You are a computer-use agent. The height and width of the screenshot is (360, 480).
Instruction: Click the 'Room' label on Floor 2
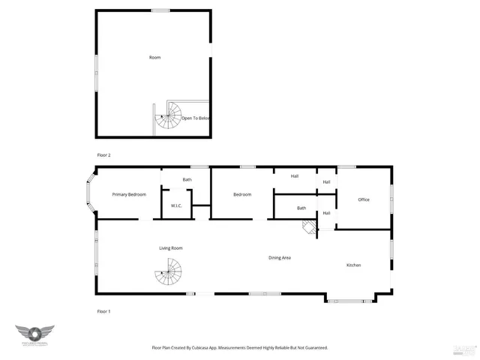(x=154, y=58)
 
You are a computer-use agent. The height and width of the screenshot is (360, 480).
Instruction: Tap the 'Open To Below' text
(x=196, y=118)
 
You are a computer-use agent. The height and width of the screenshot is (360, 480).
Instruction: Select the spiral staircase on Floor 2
(x=169, y=115)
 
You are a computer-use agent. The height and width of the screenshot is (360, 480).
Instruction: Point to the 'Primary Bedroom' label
(x=129, y=195)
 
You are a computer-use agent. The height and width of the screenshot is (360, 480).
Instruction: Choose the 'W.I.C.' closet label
(x=177, y=205)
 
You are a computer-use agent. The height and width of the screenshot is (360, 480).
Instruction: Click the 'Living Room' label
(x=170, y=248)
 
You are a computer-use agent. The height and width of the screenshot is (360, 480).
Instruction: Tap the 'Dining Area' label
(x=280, y=258)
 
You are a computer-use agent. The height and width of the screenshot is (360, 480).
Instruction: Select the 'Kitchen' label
(x=354, y=265)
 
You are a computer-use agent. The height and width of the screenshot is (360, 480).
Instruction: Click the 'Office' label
(x=364, y=199)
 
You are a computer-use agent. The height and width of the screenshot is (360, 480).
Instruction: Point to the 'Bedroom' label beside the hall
(x=242, y=195)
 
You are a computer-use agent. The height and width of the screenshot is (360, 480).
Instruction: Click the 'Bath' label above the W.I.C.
(x=187, y=180)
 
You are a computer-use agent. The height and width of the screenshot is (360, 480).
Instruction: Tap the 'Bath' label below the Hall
(x=301, y=208)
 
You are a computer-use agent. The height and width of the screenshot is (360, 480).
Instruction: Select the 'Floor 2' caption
(x=103, y=154)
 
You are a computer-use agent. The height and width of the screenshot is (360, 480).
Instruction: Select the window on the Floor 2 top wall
(x=160, y=10)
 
